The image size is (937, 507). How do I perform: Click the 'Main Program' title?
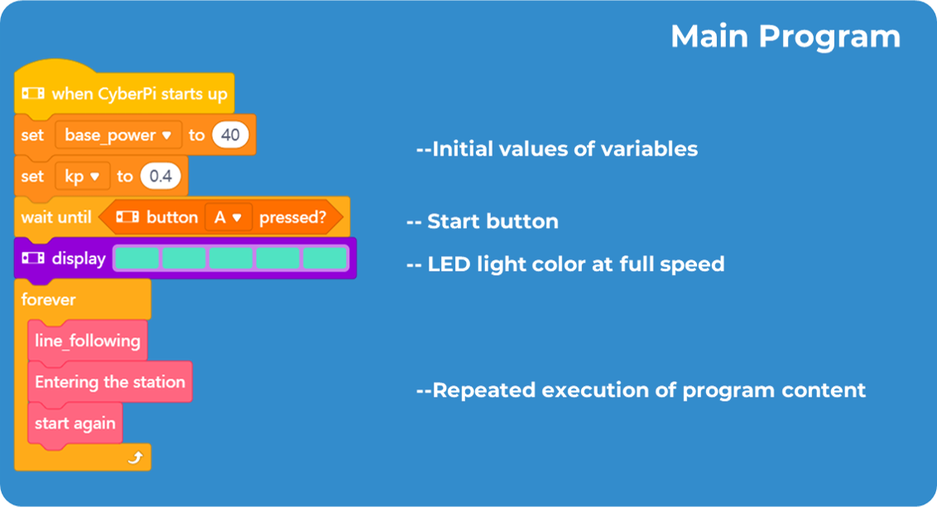[x=785, y=37]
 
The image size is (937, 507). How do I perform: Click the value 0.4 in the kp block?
[x=160, y=176]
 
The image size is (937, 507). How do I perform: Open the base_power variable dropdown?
[x=118, y=135]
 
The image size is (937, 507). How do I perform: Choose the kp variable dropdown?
[x=82, y=176]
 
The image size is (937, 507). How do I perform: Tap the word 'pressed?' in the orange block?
[x=292, y=218]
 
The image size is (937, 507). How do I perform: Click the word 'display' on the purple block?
[x=79, y=258]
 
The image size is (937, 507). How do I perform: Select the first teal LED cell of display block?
[x=136, y=258]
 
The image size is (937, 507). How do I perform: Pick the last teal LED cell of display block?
[x=324, y=258]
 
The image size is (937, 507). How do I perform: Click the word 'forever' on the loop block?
[x=49, y=299]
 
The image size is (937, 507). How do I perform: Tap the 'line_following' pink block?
[x=87, y=340]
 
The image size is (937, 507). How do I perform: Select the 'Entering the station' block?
[x=109, y=382]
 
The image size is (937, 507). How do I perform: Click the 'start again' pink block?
[x=74, y=423]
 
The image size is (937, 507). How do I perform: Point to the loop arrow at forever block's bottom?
[x=136, y=456]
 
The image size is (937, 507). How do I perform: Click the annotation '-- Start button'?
[x=483, y=221]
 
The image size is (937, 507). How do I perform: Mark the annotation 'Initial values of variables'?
[x=557, y=149]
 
